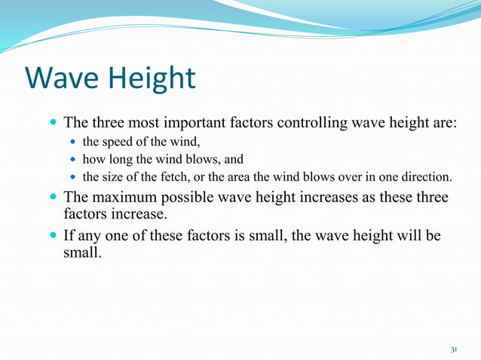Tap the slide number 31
pos(454,349)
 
